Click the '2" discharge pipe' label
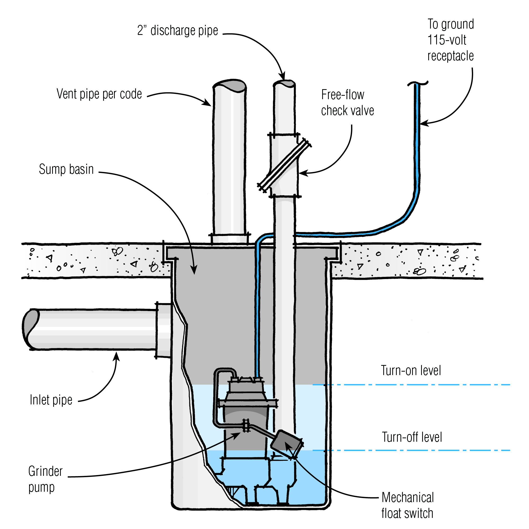click(177, 31)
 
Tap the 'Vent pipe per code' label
click(99, 94)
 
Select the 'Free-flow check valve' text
click(347, 103)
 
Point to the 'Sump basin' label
click(66, 169)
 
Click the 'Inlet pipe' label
click(51, 400)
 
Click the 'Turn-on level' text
click(411, 371)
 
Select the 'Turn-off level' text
click(412, 437)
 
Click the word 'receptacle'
click(450, 56)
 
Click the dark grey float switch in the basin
click(286, 444)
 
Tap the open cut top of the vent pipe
click(229, 85)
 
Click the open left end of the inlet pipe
click(30, 329)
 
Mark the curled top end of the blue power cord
click(417, 83)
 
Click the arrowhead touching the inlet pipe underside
click(117, 356)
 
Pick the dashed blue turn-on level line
click(411, 385)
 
